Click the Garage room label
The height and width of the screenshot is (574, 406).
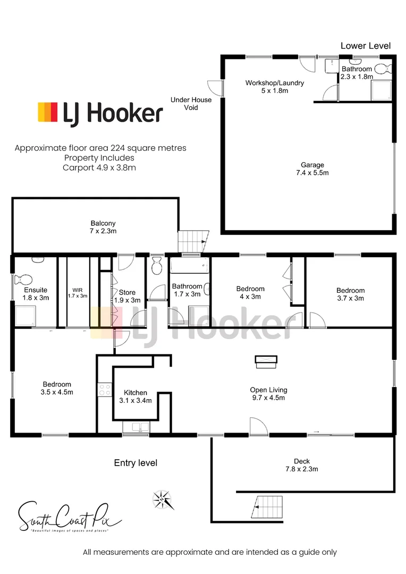point(312,169)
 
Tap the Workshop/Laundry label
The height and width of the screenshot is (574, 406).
point(274,87)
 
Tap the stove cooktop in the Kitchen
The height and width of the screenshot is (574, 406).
point(104,390)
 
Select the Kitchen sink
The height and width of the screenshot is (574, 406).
point(137,426)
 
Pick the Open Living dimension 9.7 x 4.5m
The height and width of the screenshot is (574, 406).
point(268,398)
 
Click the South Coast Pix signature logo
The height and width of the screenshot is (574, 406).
point(70,516)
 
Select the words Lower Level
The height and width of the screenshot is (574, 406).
point(365,46)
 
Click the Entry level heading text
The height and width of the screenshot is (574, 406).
point(136,463)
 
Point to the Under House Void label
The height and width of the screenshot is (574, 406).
point(191,103)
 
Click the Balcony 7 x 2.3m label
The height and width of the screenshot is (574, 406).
point(103,227)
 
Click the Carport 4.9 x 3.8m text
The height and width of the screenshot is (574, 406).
point(100,167)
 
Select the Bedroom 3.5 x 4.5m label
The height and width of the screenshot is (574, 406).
point(57,388)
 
